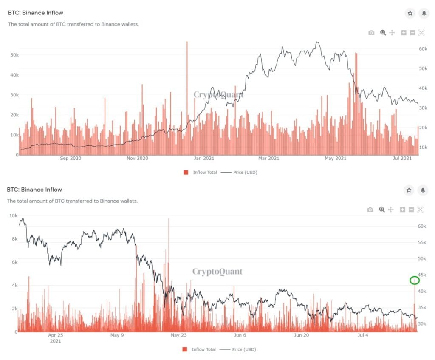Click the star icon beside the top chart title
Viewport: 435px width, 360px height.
coord(410,13)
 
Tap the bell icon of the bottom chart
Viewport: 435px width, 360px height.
coord(423,190)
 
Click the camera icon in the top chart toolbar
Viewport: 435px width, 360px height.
coord(371,33)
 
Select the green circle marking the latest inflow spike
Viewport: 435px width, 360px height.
coord(415,280)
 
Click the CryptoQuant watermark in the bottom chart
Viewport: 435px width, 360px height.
coord(217,271)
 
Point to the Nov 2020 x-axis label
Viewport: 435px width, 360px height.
coord(137,159)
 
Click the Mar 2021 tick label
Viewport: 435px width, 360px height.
coord(268,159)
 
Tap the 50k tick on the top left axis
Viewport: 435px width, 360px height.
coord(14,55)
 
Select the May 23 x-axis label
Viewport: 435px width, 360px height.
coord(178,335)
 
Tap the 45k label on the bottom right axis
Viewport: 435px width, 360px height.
coord(421,275)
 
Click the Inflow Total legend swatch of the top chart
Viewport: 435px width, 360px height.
coord(186,172)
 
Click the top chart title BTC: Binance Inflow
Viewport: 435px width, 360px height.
coord(35,13)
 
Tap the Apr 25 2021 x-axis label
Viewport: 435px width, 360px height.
coord(55,337)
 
